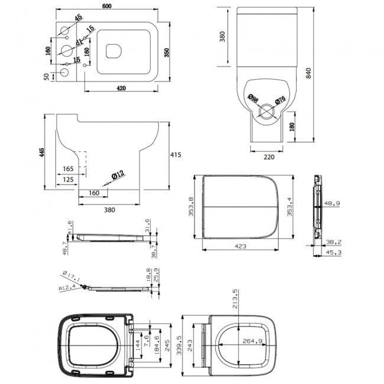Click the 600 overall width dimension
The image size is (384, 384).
pos(107,5)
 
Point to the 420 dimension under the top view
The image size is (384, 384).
pos(121,89)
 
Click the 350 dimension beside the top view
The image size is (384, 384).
pos(167,53)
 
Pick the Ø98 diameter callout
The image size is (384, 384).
pos(252,99)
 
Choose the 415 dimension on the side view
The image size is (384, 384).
pos(175,155)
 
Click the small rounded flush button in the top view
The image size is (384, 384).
pos(114,52)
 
